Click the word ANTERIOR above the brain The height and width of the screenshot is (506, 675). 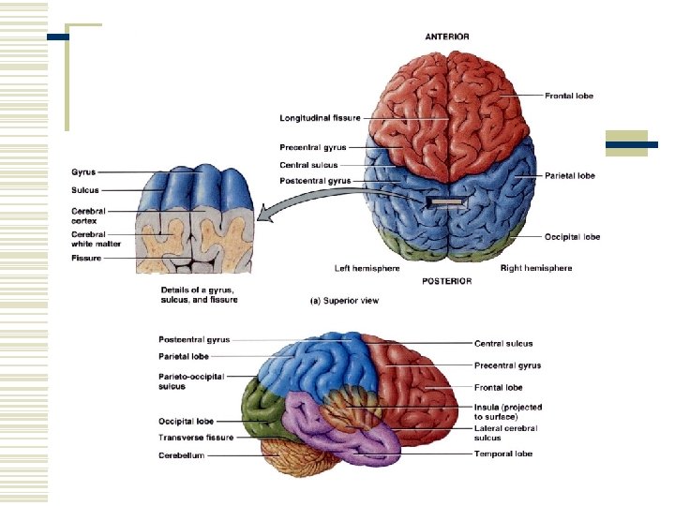click(x=447, y=37)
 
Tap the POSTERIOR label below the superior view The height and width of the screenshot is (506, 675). click(x=447, y=281)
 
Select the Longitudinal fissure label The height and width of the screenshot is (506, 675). click(x=320, y=118)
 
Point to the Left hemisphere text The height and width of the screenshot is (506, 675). click(x=367, y=268)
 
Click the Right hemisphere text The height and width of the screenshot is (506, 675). click(x=536, y=268)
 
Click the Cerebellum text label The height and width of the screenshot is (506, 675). click(x=180, y=455)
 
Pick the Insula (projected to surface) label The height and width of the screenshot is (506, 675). click(x=507, y=412)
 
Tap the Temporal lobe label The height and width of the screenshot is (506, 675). click(x=503, y=454)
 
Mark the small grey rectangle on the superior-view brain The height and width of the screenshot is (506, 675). click(x=446, y=201)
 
